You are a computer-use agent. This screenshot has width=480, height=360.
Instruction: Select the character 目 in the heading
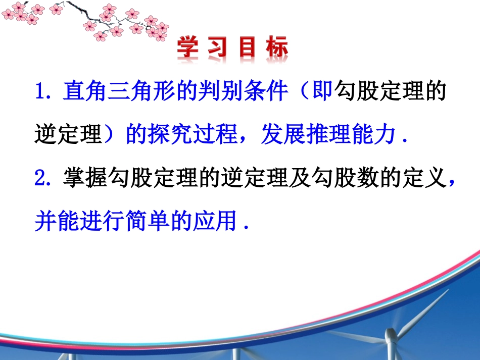pos(249,49)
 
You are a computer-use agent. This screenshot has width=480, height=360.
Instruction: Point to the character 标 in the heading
pos(277,49)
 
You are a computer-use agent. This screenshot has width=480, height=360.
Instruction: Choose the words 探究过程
pos(192,135)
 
